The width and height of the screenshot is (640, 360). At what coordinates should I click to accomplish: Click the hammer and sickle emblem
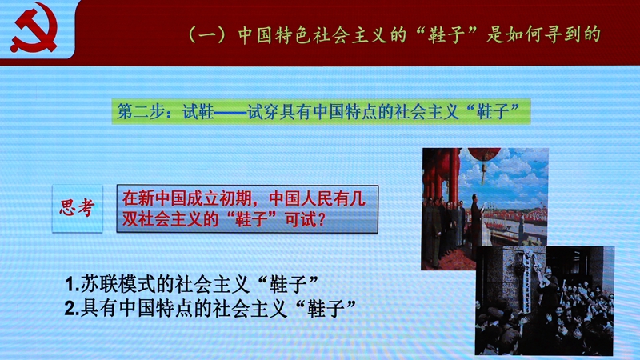pyautogui.click(x=34, y=28)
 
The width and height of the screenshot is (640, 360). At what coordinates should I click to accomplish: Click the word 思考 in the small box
pyautogui.click(x=77, y=208)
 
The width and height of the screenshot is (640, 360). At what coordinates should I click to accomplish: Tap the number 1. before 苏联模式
pyautogui.click(x=72, y=285)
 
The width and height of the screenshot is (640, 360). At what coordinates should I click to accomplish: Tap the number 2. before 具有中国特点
pyautogui.click(x=72, y=309)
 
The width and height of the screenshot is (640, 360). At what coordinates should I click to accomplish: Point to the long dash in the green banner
pyautogui.click(x=230, y=112)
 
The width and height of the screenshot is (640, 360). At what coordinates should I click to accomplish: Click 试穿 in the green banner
pyautogui.click(x=263, y=111)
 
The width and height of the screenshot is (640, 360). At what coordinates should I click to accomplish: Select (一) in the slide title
pyautogui.click(x=207, y=35)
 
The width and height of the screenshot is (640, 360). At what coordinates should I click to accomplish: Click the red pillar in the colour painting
pyautogui.click(x=454, y=175)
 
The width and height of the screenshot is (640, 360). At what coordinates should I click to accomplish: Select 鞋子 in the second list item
pyautogui.click(x=326, y=309)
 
